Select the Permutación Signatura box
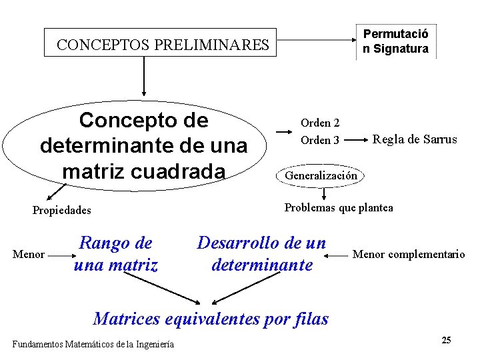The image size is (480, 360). click(395, 41)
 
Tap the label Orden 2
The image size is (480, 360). click(320, 123)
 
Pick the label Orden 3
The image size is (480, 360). click(320, 140)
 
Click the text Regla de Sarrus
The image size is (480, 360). click(415, 139)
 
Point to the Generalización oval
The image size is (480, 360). click(321, 176)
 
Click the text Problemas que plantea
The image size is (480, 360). click(339, 207)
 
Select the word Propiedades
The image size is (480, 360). click(61, 211)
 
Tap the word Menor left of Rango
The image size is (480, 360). click(29, 254)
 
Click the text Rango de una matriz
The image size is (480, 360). click(116, 254)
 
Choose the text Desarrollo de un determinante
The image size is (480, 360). click(261, 254)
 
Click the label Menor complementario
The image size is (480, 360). click(408, 254)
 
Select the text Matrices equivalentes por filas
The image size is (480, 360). click(211, 318)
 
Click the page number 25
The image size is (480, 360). click(446, 341)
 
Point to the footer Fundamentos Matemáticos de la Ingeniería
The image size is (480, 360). click(93, 344)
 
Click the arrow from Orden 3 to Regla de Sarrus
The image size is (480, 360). click(355, 140)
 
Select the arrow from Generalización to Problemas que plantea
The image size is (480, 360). click(323, 193)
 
